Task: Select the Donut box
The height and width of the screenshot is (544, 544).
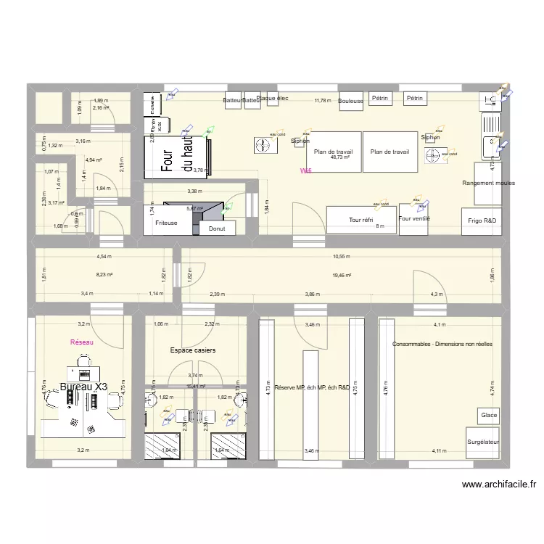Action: click(x=217, y=228)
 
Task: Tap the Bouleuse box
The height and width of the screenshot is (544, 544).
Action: click(x=350, y=102)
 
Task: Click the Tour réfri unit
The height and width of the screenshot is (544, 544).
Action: click(x=360, y=219)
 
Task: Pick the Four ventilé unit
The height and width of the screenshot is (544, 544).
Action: click(x=415, y=218)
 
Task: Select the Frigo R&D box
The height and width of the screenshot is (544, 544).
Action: click(x=481, y=220)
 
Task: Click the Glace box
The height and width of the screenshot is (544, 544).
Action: click(x=488, y=415)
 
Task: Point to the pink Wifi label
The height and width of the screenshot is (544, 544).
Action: click(x=307, y=171)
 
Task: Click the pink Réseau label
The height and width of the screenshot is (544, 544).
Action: click(x=82, y=342)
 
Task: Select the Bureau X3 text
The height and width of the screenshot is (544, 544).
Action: click(x=83, y=387)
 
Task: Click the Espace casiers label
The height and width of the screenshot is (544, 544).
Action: click(x=193, y=350)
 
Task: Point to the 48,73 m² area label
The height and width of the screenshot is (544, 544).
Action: click(x=339, y=157)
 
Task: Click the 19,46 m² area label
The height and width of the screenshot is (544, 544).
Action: click(x=342, y=275)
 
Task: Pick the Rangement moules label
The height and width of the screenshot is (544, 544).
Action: click(x=488, y=184)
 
